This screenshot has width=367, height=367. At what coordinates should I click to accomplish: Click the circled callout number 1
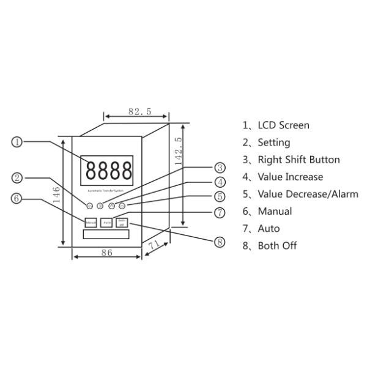18,141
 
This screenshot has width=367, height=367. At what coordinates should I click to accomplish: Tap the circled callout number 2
18,179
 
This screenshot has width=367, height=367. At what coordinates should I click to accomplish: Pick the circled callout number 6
18,198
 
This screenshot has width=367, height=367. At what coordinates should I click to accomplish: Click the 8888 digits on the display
109,169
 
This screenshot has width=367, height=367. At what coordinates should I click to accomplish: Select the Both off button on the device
122,221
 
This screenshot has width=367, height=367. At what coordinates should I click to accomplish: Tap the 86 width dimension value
106,253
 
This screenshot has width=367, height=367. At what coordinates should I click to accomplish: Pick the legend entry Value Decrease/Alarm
300,194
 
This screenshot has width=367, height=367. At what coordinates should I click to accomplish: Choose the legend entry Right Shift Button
291,160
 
